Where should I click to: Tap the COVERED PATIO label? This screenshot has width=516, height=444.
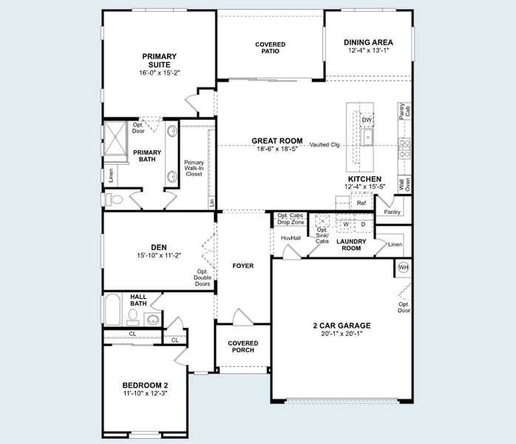click(x=270, y=49)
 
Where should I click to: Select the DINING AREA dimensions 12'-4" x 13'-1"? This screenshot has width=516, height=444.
click(x=367, y=50)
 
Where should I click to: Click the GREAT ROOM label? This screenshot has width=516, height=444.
click(x=277, y=141)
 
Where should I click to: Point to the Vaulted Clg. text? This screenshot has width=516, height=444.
click(x=325, y=145)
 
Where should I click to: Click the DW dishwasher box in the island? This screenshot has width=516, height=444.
click(x=366, y=120)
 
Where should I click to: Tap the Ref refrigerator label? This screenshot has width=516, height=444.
click(x=361, y=203)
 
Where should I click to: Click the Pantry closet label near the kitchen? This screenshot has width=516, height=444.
click(x=392, y=212)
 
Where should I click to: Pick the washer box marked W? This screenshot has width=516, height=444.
click(x=345, y=224)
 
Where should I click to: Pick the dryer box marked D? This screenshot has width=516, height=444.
click(x=363, y=224)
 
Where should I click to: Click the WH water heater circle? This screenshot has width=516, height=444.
click(x=403, y=267)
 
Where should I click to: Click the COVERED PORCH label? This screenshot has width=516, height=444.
click(x=242, y=346)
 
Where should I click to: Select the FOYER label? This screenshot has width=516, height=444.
click(x=242, y=266)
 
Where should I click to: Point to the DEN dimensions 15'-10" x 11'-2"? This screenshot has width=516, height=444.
click(x=159, y=255)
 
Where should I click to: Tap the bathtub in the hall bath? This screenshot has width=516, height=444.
click(x=112, y=309)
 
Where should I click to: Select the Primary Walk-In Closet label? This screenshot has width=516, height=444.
click(x=194, y=168)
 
